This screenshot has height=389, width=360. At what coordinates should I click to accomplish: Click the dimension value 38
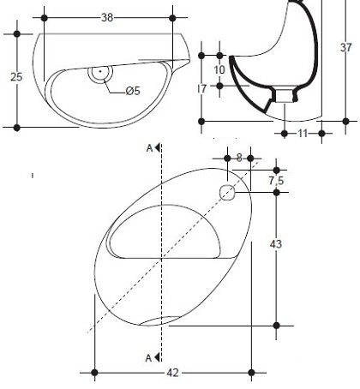click(x=107, y=18)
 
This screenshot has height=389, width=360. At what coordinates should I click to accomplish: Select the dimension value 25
click(x=16, y=77)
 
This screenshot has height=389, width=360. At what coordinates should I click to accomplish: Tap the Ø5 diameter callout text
click(x=133, y=91)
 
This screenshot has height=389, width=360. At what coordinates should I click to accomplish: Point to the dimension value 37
click(x=346, y=47)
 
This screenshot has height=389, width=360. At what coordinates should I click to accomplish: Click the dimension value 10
click(x=219, y=70)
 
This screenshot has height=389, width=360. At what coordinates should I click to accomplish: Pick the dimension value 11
click(x=303, y=134)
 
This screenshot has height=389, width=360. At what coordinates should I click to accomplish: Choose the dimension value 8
click(x=239, y=158)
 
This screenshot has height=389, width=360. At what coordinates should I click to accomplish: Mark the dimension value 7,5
click(x=276, y=181)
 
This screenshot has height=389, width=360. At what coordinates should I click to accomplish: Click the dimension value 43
click(x=276, y=244)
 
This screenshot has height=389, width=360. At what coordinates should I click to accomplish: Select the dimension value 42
click(x=172, y=373)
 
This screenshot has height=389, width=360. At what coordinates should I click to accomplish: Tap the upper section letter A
click(x=149, y=148)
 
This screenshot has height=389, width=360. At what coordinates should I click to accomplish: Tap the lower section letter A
click(x=148, y=358)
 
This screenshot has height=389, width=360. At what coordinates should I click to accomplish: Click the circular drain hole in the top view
click(x=100, y=71)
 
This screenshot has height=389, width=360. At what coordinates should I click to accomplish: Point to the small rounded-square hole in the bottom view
click(x=227, y=193)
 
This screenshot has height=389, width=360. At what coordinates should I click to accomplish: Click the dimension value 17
click(x=202, y=89)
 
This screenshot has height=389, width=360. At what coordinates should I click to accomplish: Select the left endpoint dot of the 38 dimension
click(x=45, y=18)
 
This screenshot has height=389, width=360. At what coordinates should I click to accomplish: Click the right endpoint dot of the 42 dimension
click(x=251, y=373)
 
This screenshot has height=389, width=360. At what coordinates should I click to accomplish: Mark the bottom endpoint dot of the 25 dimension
click(x=17, y=128)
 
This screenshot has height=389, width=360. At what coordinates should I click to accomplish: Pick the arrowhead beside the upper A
click(x=157, y=148)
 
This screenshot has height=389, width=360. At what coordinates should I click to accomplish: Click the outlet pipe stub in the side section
click(x=285, y=95)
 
